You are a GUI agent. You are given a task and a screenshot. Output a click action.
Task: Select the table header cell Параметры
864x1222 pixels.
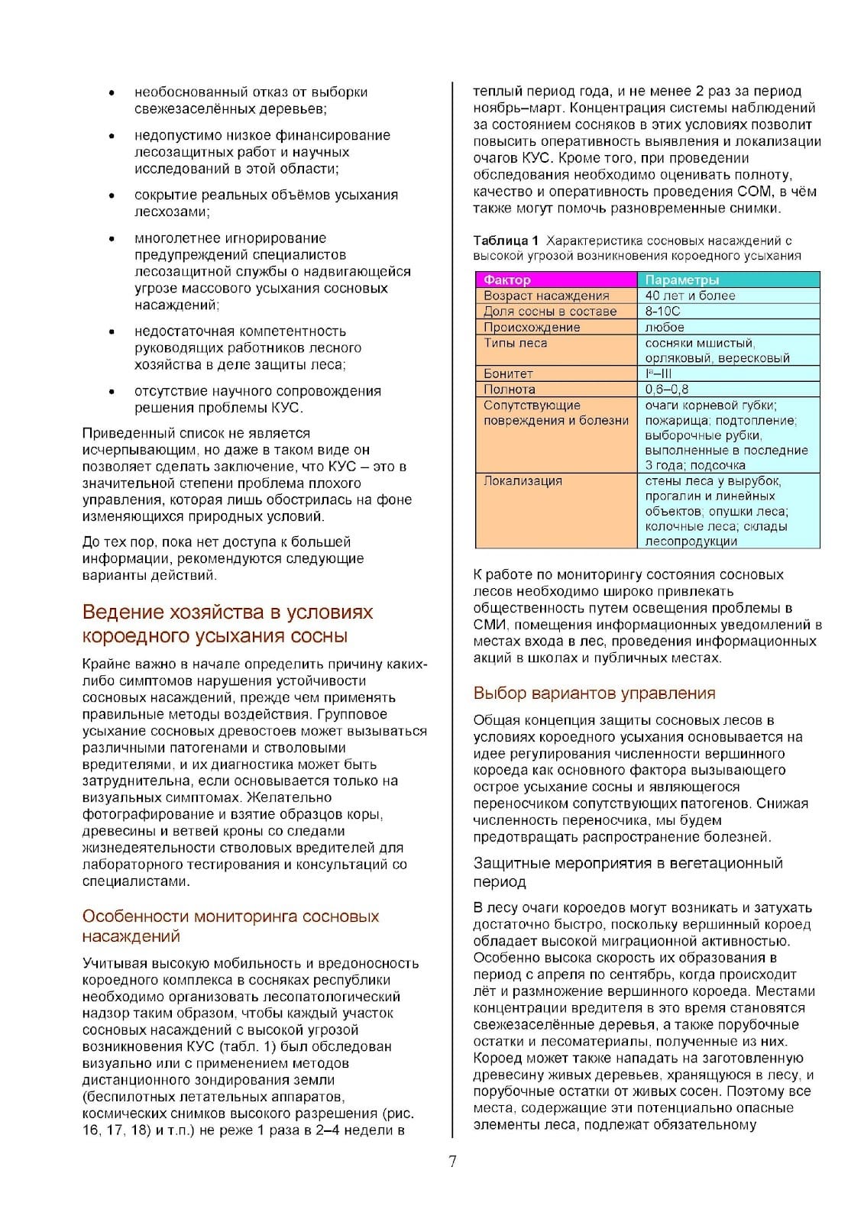(681, 280)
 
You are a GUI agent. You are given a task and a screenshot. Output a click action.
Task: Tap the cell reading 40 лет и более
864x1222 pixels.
(690, 296)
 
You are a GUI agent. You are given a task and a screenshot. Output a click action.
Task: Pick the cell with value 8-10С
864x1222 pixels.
(662, 311)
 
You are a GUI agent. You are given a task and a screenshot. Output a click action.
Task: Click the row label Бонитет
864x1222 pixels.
(508, 373)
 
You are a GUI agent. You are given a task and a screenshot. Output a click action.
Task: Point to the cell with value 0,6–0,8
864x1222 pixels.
(667, 389)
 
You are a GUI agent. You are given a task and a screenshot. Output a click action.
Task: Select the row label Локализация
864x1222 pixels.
(523, 480)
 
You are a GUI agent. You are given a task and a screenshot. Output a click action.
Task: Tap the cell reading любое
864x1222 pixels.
(665, 327)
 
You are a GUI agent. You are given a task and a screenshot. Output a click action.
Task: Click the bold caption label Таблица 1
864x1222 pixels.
(506, 241)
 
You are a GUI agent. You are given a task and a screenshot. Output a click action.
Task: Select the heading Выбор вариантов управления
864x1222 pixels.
(594, 693)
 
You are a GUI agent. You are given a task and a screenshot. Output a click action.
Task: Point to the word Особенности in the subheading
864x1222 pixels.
(135, 916)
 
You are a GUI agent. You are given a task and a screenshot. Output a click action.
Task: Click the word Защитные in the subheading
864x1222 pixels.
(506, 864)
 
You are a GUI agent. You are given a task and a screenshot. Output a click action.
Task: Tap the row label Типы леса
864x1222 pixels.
(515, 343)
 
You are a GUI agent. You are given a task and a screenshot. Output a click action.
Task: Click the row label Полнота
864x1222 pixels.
(509, 389)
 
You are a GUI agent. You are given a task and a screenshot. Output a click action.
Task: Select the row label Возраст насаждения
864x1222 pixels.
(546, 296)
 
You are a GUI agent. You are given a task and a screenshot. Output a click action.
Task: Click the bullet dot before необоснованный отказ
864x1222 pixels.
(112, 93)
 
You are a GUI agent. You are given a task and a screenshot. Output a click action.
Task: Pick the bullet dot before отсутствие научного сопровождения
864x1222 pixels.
(112, 392)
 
